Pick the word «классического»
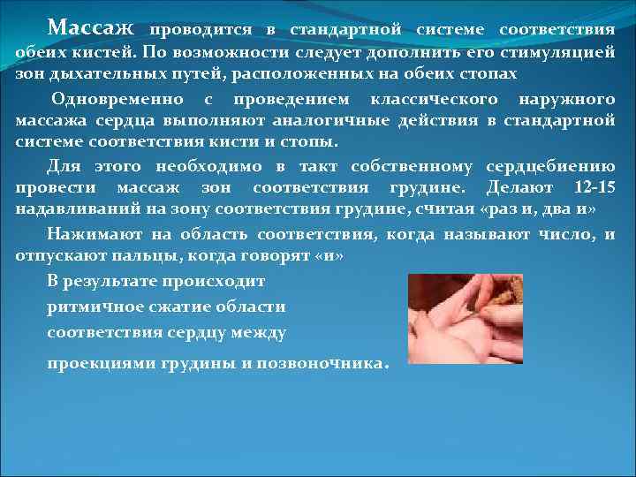421,99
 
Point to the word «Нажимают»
87,234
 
